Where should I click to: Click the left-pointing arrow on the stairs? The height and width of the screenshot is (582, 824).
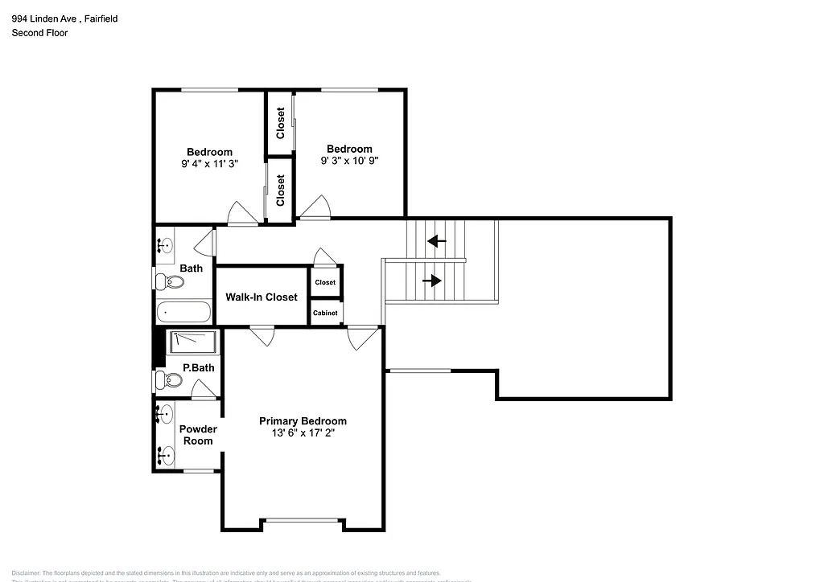pyautogui.click(x=437, y=240)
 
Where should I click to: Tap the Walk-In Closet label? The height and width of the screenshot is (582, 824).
pyautogui.click(x=262, y=297)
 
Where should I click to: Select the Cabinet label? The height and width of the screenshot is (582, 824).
pyautogui.click(x=325, y=313)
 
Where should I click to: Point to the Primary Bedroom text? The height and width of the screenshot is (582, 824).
pyautogui.click(x=303, y=421)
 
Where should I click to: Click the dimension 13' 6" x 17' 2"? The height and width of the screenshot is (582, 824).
pyautogui.click(x=303, y=433)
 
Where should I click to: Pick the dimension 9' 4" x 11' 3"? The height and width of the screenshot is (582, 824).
pyautogui.click(x=209, y=163)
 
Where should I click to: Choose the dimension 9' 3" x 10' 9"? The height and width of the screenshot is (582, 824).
pyautogui.click(x=349, y=160)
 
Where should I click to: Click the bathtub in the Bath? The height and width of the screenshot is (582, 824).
pyautogui.click(x=183, y=312)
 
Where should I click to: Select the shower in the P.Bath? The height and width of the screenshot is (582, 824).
pyautogui.click(x=193, y=342)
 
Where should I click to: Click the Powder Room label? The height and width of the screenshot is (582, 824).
pyautogui.click(x=198, y=435)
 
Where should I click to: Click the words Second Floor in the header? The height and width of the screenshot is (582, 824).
pyautogui.click(x=39, y=33)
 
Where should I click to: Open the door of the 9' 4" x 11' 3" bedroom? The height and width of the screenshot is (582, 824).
pyautogui.click(x=243, y=214)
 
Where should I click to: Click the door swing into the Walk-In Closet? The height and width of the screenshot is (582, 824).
pyautogui.click(x=262, y=335)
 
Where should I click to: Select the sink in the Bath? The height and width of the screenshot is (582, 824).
pyautogui.click(x=167, y=244)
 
